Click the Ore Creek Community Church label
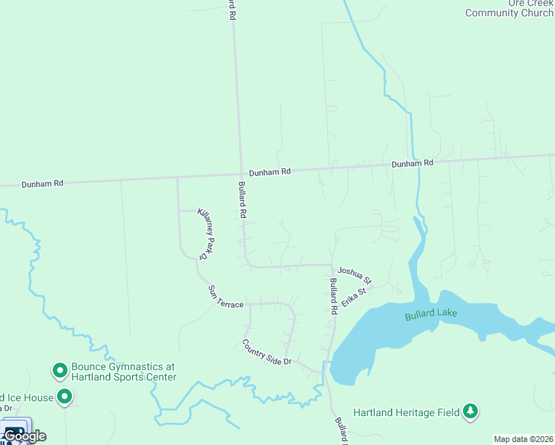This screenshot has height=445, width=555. click(509, 9)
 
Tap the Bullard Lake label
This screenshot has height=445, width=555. click(431, 314)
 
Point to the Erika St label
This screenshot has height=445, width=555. click(355, 291)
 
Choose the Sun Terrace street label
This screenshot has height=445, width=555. click(225, 297)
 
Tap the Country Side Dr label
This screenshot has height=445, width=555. click(267, 352)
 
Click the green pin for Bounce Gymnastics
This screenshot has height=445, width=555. click(59, 369)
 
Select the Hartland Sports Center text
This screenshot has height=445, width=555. click(124, 377)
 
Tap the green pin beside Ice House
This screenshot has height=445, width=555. click(65, 398)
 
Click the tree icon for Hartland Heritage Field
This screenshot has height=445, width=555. click(470, 411)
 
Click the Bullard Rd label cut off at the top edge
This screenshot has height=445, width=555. click(232, 9)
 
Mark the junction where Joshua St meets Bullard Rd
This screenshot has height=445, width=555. click(331, 266)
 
